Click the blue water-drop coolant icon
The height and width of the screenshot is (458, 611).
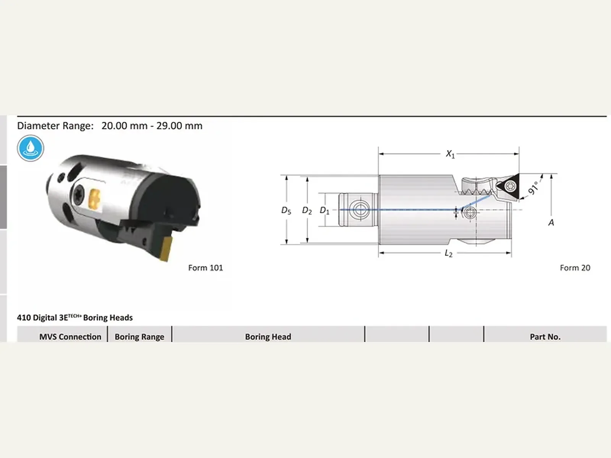click(30, 148)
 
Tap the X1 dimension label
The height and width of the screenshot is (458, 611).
click(450, 154)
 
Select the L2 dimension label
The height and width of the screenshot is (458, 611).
click(448, 253)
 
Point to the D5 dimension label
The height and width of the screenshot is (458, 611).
click(286, 211)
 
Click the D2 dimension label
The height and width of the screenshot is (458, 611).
click(307, 211)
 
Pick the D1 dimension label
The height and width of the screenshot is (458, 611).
click(325, 211)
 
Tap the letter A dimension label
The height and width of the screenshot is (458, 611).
click(551, 223)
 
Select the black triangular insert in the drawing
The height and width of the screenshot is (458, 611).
click(509, 186)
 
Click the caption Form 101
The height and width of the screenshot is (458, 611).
click(205, 268)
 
